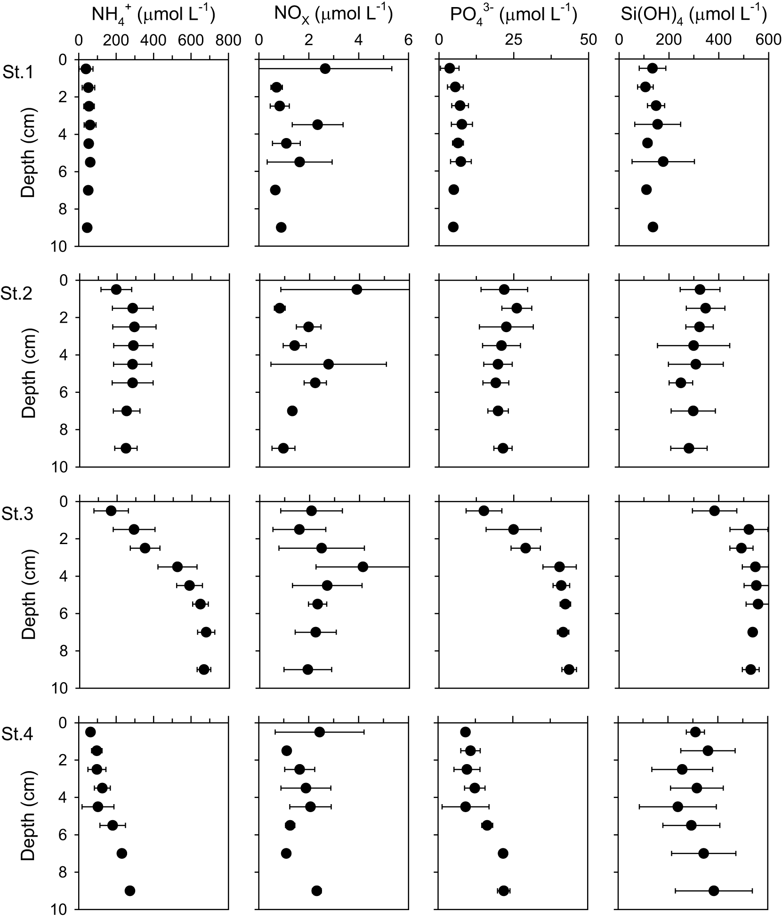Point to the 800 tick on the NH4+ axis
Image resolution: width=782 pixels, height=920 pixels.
pos(228,41)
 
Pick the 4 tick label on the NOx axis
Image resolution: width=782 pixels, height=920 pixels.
pos(359,41)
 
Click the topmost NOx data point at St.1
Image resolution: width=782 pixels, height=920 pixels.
pos(325,69)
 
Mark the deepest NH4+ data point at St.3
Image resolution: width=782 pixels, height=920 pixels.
pos(203,669)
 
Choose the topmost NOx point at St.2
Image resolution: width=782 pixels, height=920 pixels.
pos(357,289)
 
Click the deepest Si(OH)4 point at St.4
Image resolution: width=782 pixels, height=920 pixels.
pos(714,890)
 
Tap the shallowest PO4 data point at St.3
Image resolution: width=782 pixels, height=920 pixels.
pos(484,511)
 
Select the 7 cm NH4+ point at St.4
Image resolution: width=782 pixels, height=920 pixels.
pos(122,853)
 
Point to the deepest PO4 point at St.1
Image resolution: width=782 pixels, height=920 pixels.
pos(453,227)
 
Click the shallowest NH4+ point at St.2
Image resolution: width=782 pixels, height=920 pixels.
pos(116,289)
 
